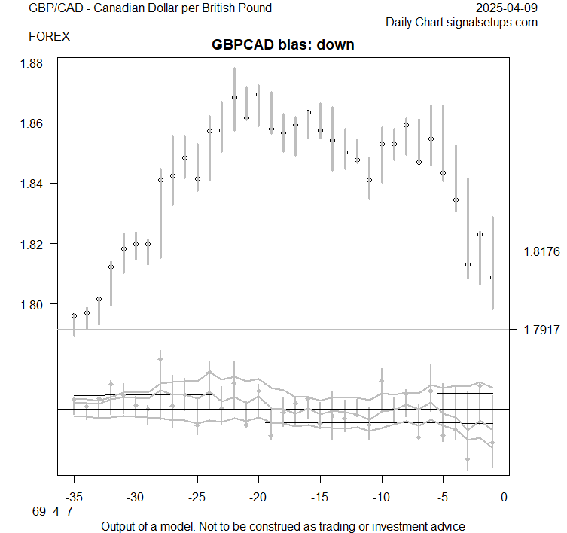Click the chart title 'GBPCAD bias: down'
coord(283,44)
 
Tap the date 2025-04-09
coord(508,8)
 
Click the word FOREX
coord(49,36)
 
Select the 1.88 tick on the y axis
coord(35,62)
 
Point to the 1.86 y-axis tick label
coord(35,123)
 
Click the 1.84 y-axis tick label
coord(35,184)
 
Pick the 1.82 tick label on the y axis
coord(35,244)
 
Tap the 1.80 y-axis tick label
coord(35,304)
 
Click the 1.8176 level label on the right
coord(541,251)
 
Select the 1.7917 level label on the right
coord(541,330)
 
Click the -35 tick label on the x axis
coord(74,498)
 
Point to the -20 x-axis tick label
coord(258,498)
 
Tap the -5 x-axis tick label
coord(443,498)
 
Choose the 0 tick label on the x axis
coord(505,498)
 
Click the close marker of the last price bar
coord(492,278)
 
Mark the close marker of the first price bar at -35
coord(74,315)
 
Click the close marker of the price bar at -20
coord(258,95)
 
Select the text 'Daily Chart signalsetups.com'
coord(462,23)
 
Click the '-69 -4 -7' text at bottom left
coord(51,512)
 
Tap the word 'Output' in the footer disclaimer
coord(120,526)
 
